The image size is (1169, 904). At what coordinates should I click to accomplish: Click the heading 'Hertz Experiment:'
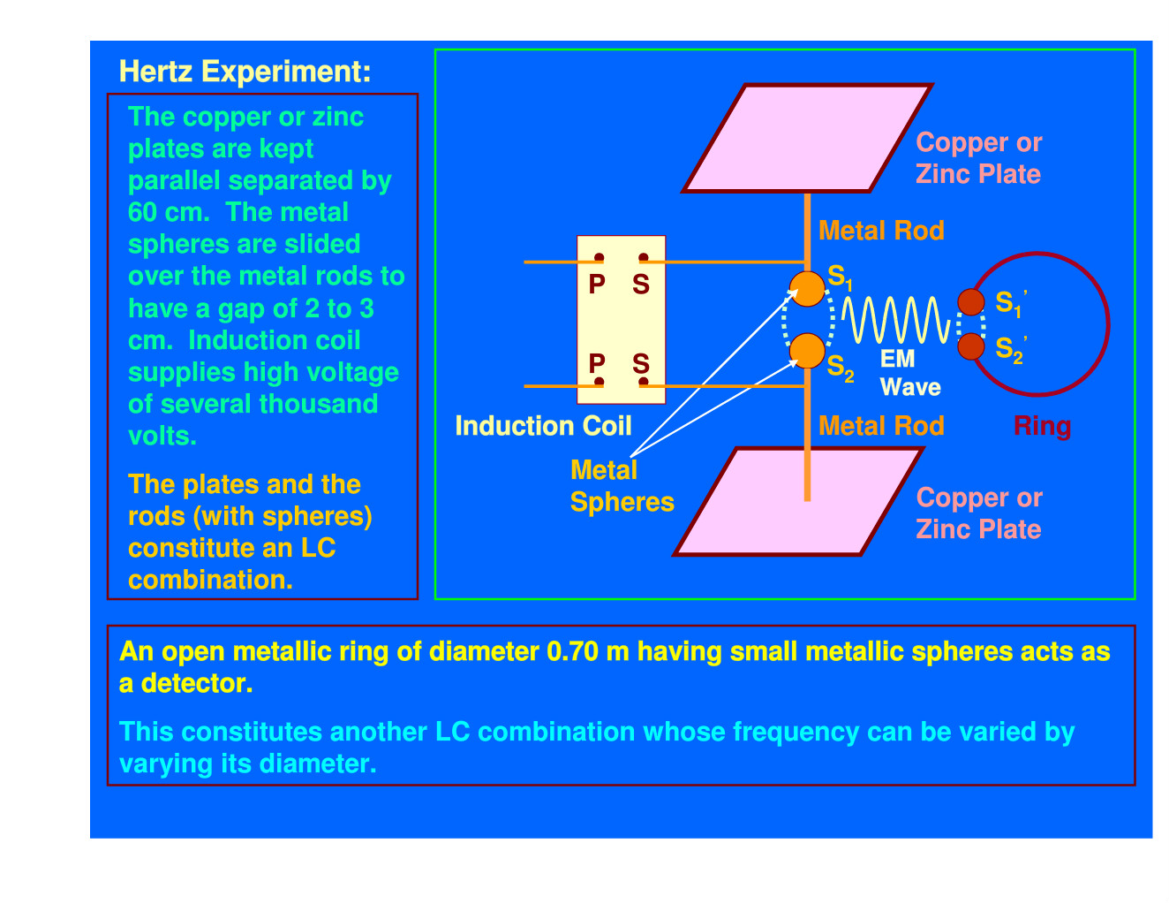[x=245, y=72]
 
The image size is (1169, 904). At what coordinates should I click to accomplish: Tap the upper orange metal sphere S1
[x=807, y=289]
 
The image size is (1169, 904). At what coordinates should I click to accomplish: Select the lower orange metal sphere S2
[x=807, y=351]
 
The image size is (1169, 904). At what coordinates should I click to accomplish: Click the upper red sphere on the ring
[x=971, y=302]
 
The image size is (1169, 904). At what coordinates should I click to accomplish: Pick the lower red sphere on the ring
[x=971, y=346]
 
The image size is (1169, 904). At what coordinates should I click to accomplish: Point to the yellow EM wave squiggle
[x=895, y=320]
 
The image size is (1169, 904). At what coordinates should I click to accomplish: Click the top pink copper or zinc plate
[x=807, y=138]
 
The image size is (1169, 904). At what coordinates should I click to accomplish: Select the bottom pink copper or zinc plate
[x=799, y=501]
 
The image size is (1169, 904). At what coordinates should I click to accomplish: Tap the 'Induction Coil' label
[x=543, y=426]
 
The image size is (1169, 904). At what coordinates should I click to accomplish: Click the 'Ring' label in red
[x=1042, y=426]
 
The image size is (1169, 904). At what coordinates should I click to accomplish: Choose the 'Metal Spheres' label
[x=622, y=486]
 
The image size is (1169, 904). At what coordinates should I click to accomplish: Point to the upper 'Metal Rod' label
[x=881, y=231]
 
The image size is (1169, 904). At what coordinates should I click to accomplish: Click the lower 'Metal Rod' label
[x=881, y=426]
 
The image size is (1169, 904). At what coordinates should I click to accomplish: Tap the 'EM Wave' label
[x=910, y=373]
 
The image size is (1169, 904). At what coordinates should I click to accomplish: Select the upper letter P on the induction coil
[x=597, y=285]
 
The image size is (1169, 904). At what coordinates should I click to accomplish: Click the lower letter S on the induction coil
[x=641, y=364]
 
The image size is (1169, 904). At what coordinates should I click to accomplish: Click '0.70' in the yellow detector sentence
[x=572, y=651]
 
